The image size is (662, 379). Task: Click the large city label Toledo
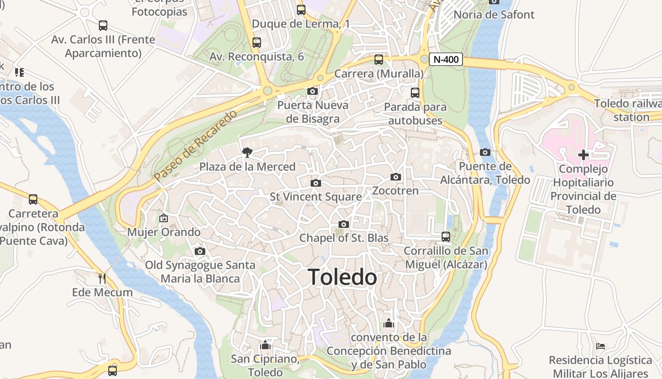point(342,277)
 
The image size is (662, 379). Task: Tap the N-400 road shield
point(445,60)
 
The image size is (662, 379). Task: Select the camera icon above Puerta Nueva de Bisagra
point(313,91)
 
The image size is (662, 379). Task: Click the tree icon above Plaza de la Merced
point(246,152)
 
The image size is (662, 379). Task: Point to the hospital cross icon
point(584,155)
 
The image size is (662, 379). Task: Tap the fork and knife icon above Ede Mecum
point(102,278)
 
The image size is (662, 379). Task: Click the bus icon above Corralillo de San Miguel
point(445,236)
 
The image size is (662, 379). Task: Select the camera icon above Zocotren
point(396,177)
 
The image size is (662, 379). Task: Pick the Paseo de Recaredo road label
point(195,146)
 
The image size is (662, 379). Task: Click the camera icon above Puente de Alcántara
point(485,152)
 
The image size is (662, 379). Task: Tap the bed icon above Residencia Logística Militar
point(601,346)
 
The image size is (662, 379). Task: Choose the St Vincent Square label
point(316,197)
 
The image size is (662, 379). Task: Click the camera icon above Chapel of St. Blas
point(344,224)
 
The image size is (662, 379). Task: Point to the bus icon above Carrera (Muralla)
point(379,60)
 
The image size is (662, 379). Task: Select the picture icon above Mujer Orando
point(164,218)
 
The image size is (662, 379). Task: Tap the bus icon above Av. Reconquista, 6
point(256,43)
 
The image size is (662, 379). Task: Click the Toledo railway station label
point(629,110)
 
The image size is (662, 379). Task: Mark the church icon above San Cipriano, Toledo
point(265,344)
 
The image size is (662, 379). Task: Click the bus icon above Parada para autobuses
point(415,93)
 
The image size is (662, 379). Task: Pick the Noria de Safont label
point(494,15)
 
